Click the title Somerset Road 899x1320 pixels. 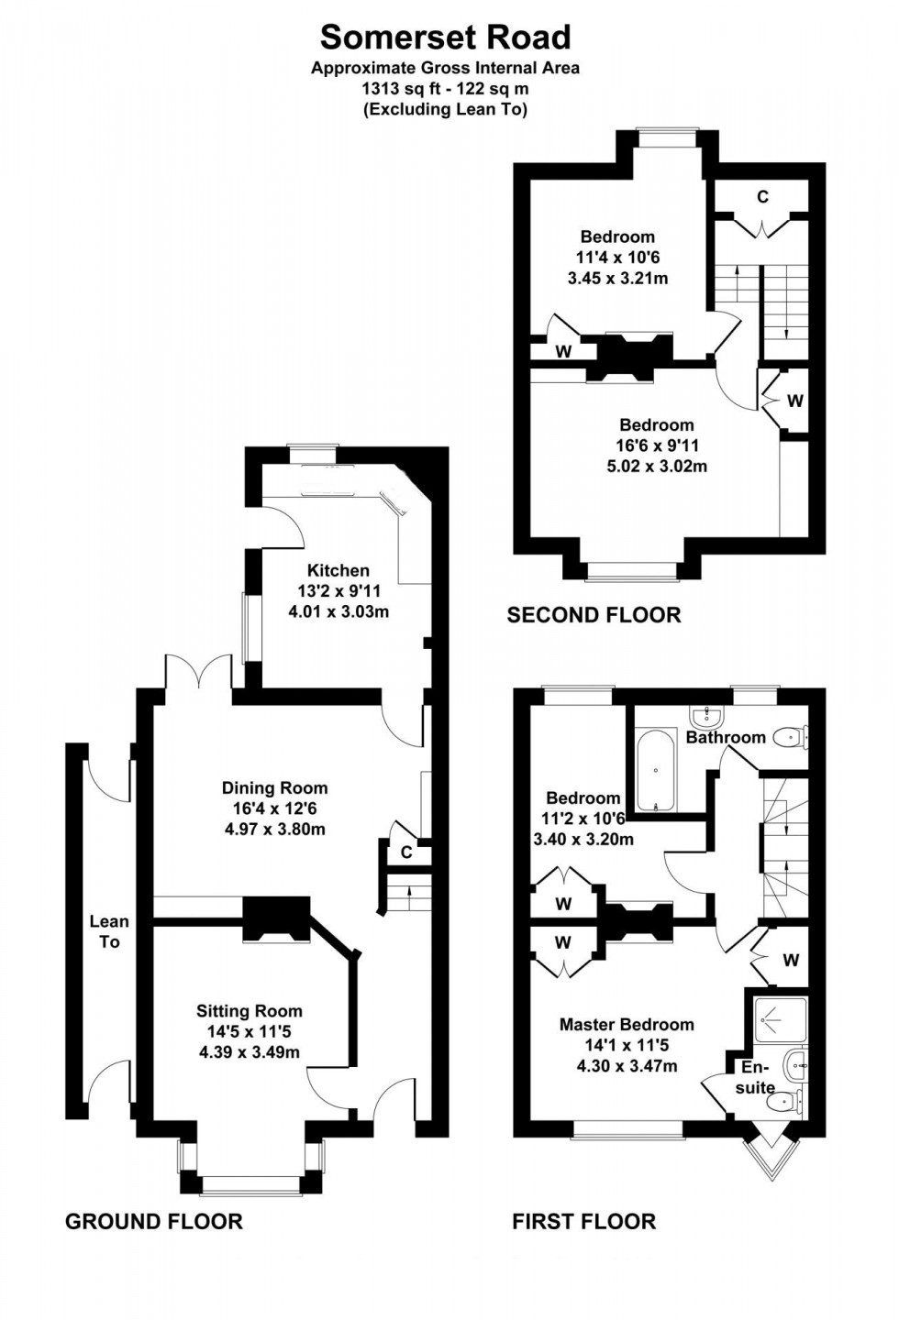coord(445,37)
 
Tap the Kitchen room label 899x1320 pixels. coord(338,570)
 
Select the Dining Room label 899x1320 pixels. coord(274,787)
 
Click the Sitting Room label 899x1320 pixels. coord(249,1011)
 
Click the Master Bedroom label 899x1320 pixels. coord(627,1024)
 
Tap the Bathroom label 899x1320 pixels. coord(725,737)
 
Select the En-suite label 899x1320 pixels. coord(755,1078)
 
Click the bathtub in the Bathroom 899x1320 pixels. coord(656,771)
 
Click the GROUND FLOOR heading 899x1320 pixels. coord(154,1221)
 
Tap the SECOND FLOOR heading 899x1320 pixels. coord(594,615)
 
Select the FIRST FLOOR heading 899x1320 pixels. coord(583,1221)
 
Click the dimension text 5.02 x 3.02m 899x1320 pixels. coord(656,466)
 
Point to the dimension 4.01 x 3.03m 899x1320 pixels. coord(339,611)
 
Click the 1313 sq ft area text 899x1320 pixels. coord(445,89)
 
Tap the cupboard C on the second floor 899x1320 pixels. coord(761,197)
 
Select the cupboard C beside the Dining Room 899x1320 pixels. coord(405,852)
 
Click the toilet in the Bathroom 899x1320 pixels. coord(789,736)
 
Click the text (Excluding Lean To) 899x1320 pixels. coord(445,109)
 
